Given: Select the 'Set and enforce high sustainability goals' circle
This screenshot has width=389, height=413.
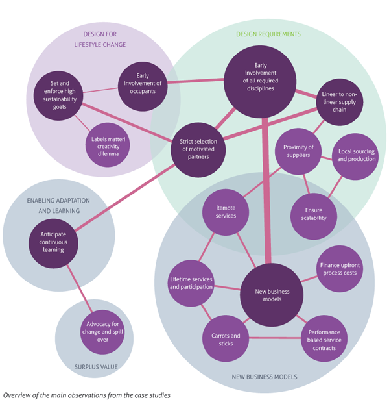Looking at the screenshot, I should click(58, 96).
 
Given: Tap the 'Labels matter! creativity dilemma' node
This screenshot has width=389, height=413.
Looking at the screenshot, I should click(108, 145).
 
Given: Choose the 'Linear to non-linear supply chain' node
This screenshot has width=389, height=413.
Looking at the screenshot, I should click(339, 102).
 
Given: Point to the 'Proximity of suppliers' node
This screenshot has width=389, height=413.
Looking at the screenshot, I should click(298, 151).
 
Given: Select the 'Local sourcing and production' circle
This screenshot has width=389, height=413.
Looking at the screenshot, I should click(356, 156).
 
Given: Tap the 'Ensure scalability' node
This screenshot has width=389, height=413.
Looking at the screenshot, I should click(314, 214).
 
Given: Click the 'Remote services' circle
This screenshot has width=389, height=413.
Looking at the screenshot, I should click(226, 211).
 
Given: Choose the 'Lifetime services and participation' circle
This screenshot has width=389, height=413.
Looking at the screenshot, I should click(191, 282).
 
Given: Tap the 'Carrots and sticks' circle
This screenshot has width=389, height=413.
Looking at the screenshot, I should click(226, 340).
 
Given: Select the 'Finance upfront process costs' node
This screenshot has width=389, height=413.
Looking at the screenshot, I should click(340, 268).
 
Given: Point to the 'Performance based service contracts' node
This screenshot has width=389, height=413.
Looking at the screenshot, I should click(324, 339).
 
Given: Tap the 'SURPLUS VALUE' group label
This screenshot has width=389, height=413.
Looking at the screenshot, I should click(95, 367).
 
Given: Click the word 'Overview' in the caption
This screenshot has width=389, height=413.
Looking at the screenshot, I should click(18, 394).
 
